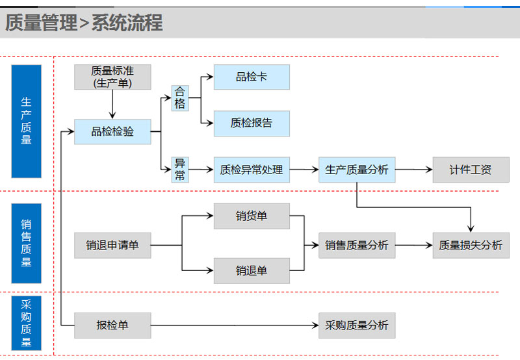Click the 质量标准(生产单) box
click(x=112, y=77)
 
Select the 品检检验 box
click(x=112, y=132)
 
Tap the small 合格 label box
click(x=180, y=98)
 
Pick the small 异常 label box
click(x=180, y=170)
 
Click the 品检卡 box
click(x=252, y=77)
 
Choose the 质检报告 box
click(x=252, y=123)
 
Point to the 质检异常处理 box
click(x=252, y=170)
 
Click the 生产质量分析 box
click(x=357, y=170)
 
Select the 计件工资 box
click(x=471, y=170)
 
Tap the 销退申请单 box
click(x=112, y=245)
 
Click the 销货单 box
click(x=252, y=216)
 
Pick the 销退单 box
click(x=252, y=270)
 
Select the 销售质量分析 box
click(x=357, y=245)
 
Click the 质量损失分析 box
click(x=471, y=245)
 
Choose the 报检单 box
click(x=112, y=325)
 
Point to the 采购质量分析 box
click(x=357, y=325)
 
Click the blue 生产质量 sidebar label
click(x=26, y=121)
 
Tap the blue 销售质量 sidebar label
click(x=26, y=243)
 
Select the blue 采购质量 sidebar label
click(x=26, y=323)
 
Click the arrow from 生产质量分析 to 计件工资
click(x=414, y=170)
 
